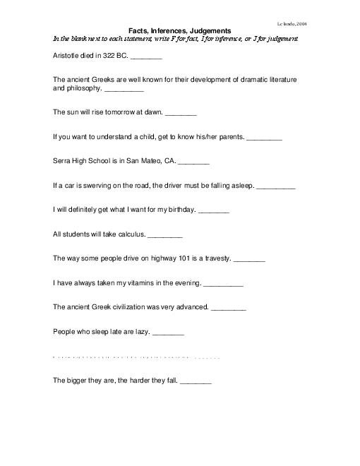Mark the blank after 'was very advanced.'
tap(229, 309)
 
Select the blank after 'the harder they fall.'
tap(196, 381)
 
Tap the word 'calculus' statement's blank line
tap(164, 235)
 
